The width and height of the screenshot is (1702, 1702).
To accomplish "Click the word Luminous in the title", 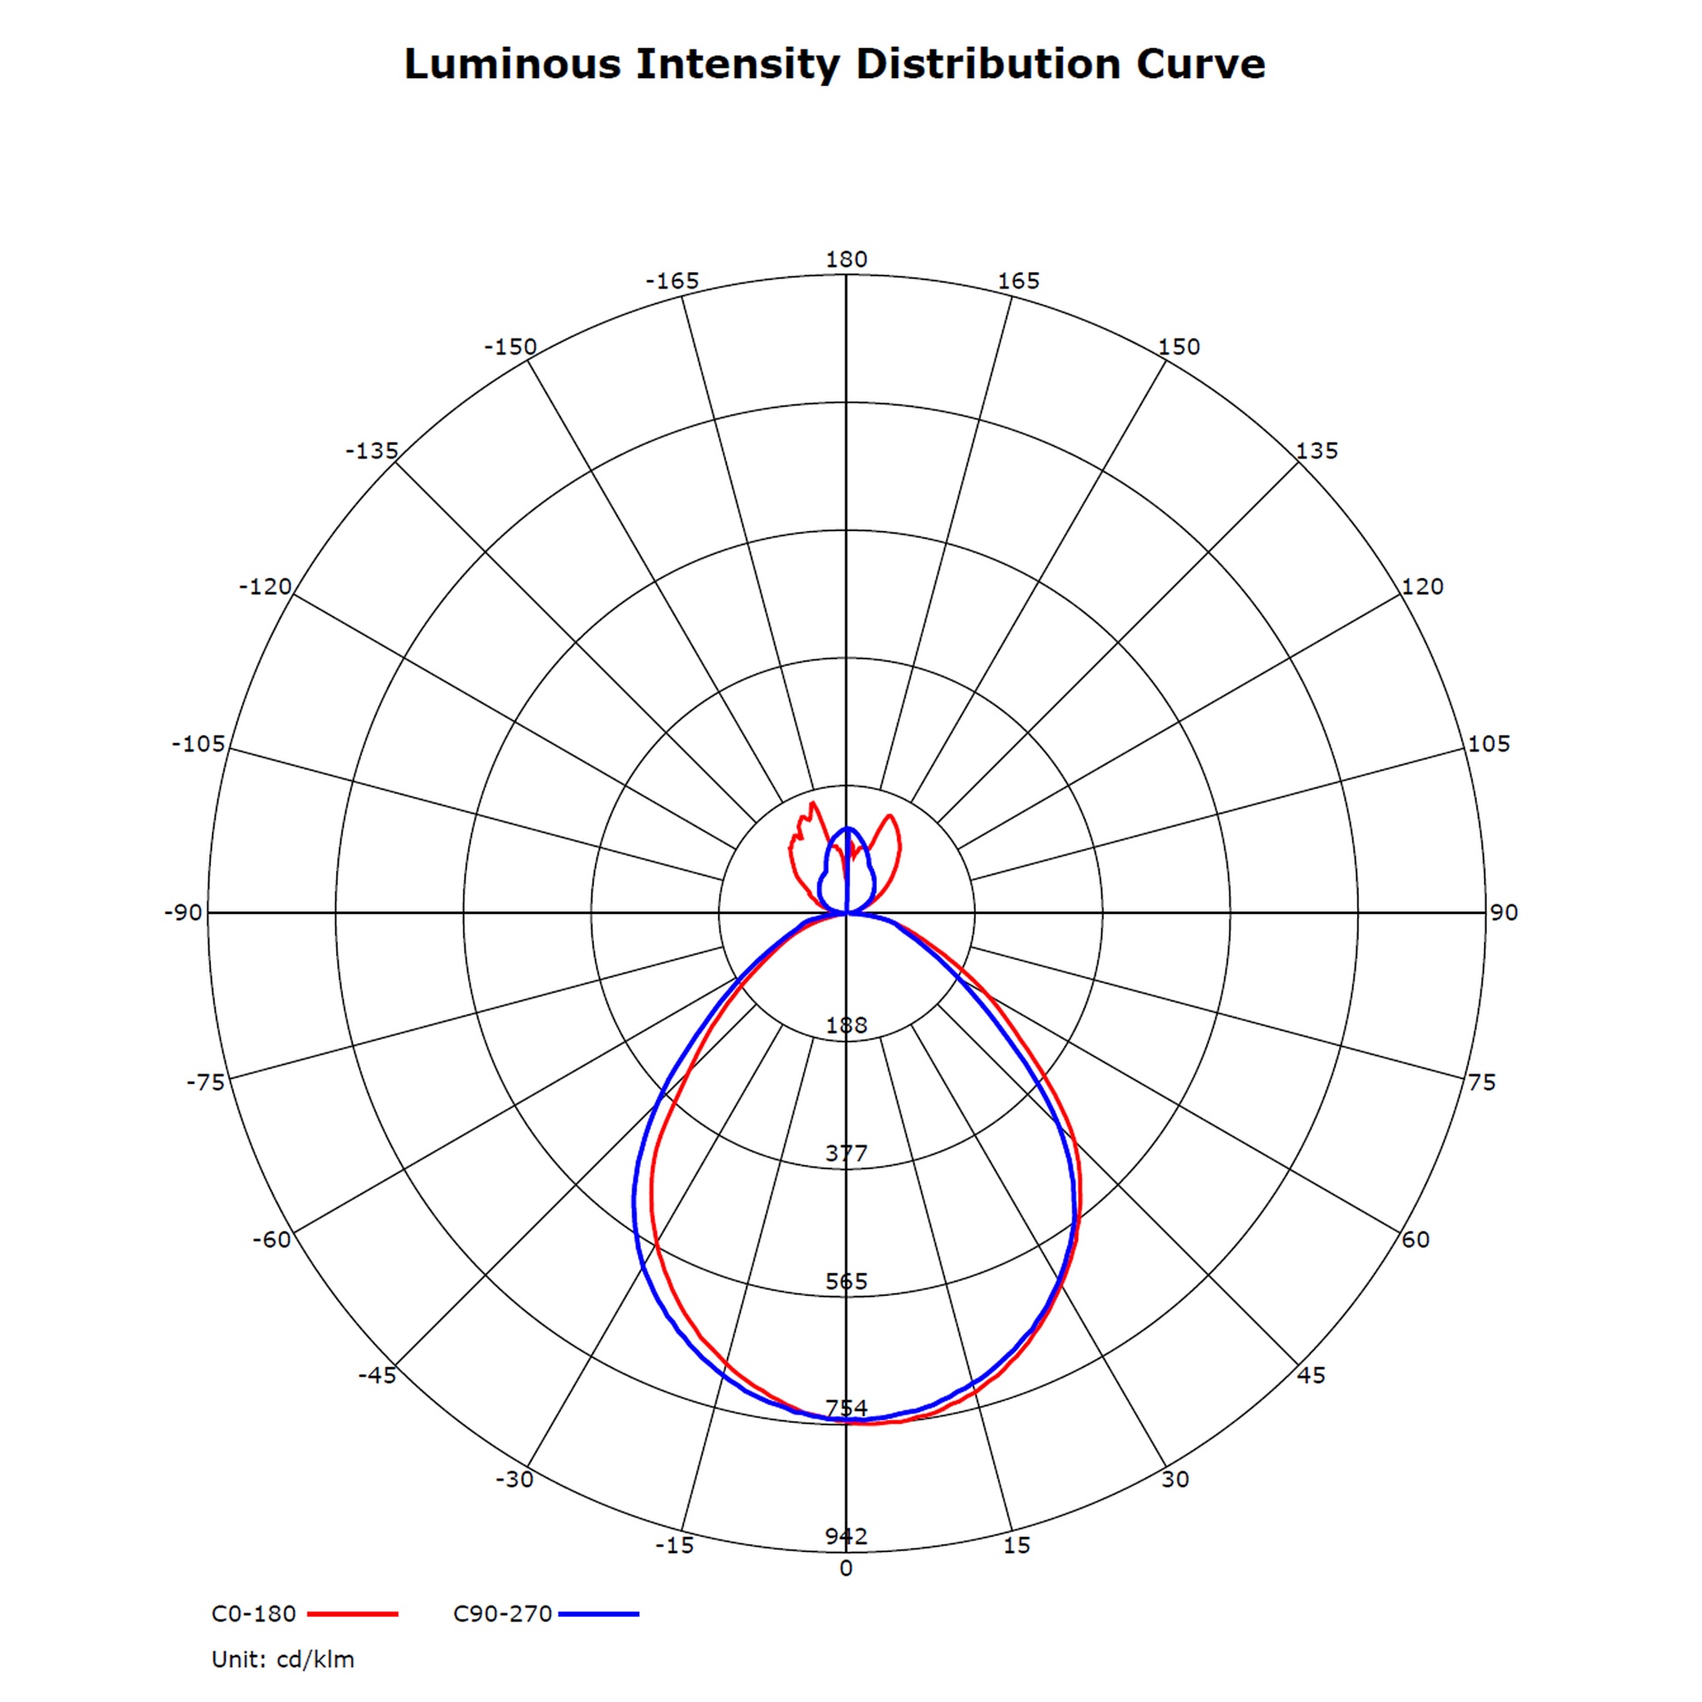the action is [x=512, y=64].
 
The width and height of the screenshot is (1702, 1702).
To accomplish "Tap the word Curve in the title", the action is [x=1200, y=64].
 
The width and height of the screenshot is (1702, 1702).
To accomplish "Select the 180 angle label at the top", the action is [x=847, y=259].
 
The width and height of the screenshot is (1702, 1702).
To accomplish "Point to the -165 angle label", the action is [x=672, y=281].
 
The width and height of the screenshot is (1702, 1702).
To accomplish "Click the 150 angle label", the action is [x=1179, y=347].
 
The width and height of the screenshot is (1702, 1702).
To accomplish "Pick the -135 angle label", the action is [x=372, y=450].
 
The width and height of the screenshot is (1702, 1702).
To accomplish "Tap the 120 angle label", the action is [x=1423, y=586].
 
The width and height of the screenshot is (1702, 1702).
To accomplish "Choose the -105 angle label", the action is [x=199, y=744].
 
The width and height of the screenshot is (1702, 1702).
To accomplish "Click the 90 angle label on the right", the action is [x=1504, y=912].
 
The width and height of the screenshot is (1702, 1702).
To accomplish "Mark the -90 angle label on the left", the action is [x=183, y=912].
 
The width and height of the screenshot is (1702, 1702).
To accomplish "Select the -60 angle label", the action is [x=271, y=1239].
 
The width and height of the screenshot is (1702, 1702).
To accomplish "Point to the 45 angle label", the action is [x=1311, y=1375].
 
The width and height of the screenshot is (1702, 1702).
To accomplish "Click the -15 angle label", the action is [x=675, y=1545].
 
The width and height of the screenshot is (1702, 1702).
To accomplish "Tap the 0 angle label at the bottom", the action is [x=847, y=1568].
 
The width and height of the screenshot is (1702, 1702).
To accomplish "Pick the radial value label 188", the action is [x=847, y=1026].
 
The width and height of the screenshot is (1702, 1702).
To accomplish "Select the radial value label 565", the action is [x=847, y=1281].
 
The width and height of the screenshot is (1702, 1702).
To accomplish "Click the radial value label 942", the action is [x=847, y=1536].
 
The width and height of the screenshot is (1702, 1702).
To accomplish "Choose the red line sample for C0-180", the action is [x=353, y=1614].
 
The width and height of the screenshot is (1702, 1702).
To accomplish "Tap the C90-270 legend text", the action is [x=503, y=1613].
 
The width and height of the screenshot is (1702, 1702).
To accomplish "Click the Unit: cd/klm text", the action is [x=283, y=1659].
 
